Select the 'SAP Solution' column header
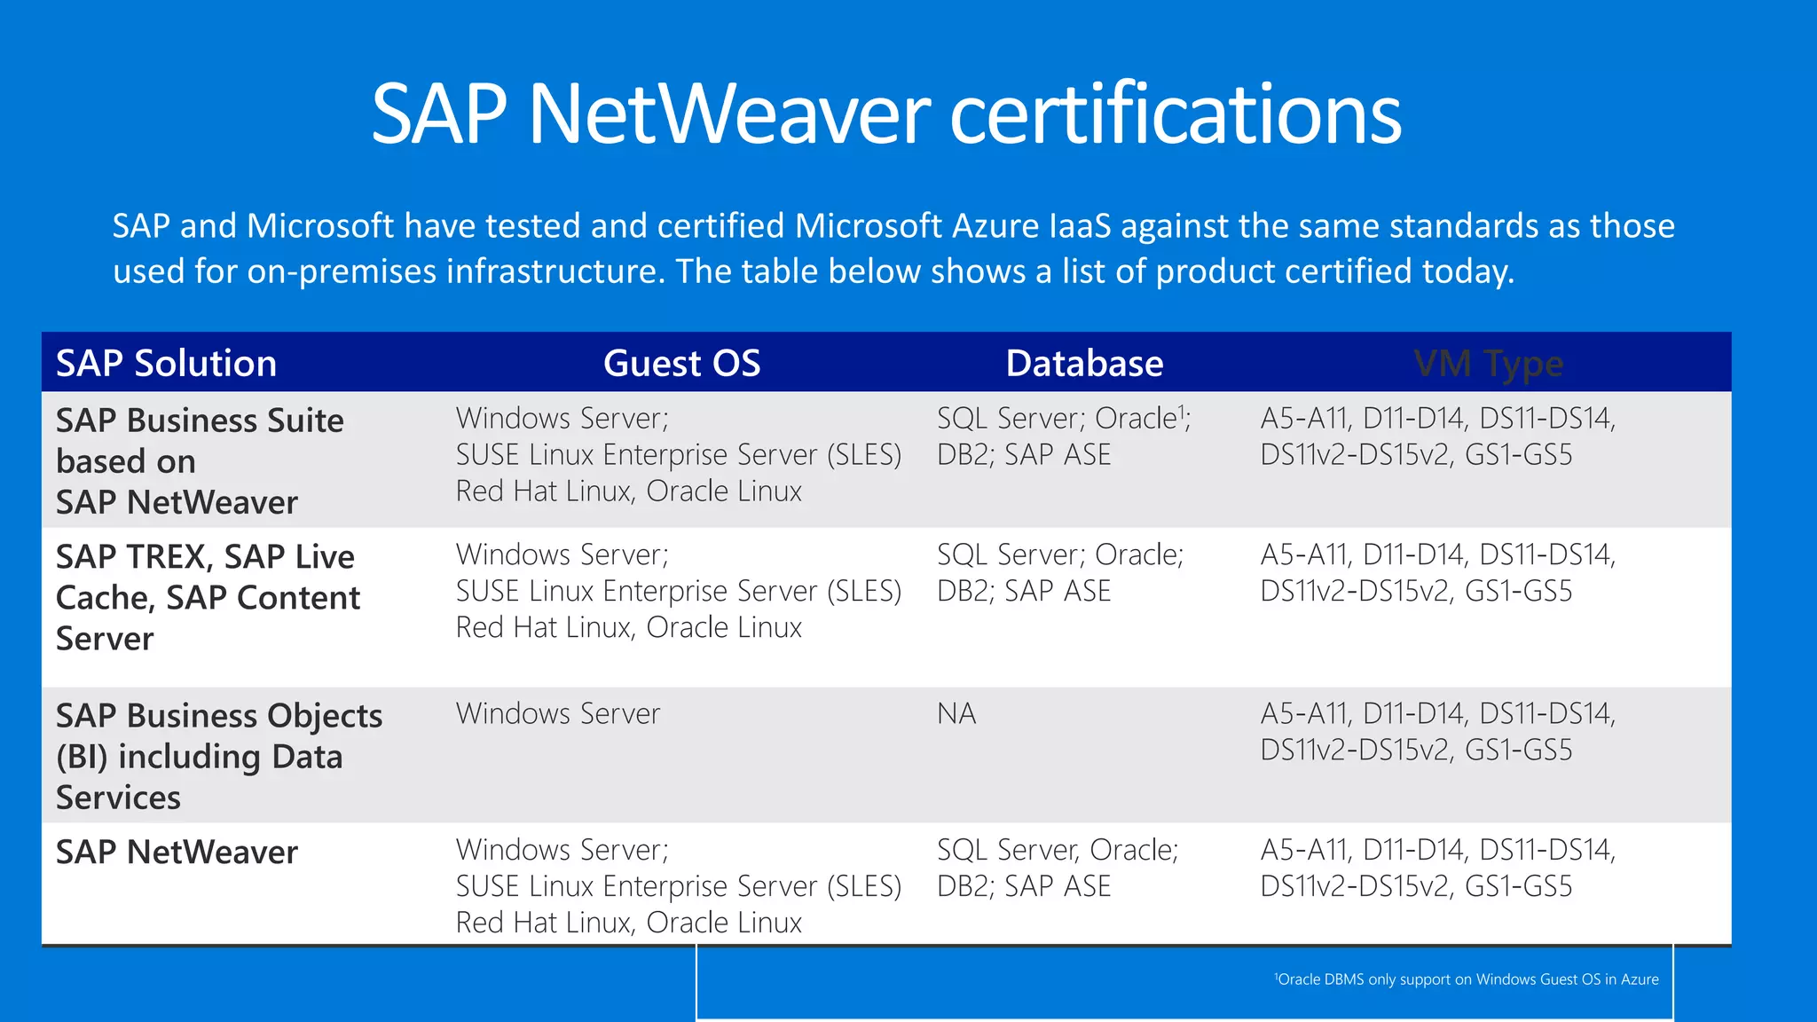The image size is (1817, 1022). coord(166,364)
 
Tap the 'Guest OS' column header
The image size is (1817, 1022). coord(681,364)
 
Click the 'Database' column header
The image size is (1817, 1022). coord(1084,364)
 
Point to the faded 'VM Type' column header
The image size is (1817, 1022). coord(1488,364)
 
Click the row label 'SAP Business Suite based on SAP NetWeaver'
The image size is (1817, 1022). coord(200,461)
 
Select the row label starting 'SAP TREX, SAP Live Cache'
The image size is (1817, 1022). coord(208,597)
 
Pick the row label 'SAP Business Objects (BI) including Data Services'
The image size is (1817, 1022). coord(218,756)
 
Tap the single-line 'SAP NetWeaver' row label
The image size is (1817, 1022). coord(177,852)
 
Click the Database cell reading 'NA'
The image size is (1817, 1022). coord(956,714)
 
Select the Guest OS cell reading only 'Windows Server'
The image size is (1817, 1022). coord(558,714)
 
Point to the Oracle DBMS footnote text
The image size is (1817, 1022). coord(1467,979)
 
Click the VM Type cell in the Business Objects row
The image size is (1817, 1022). coord(1437,732)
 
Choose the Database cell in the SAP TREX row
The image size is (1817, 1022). coord(1060,573)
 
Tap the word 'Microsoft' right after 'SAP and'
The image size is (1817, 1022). coord(319,226)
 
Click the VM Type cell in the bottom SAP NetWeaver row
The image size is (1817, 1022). coord(1437,869)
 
